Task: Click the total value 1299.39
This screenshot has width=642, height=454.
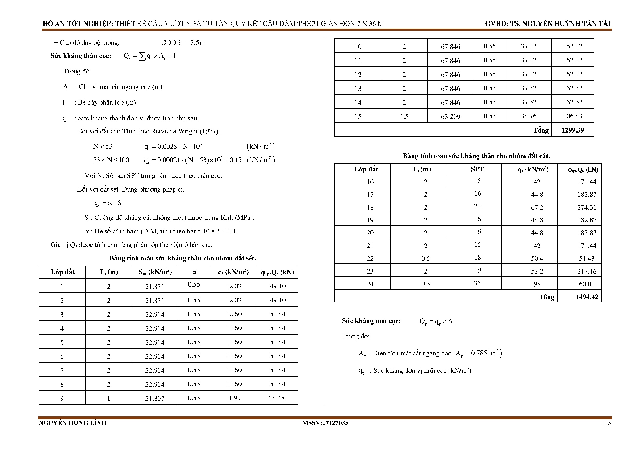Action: click(x=572, y=130)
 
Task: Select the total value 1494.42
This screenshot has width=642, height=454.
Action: click(x=587, y=297)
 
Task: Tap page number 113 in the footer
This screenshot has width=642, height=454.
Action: click(x=606, y=423)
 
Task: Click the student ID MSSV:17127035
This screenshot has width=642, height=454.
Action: click(x=325, y=423)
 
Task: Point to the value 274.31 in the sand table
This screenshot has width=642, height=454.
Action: click(x=587, y=207)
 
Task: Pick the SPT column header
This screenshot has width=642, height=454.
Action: click(x=477, y=169)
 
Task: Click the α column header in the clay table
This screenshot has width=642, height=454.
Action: click(x=194, y=272)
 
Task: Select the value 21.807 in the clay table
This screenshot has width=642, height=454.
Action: click(x=155, y=398)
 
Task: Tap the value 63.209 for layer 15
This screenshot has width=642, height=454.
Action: click(x=450, y=116)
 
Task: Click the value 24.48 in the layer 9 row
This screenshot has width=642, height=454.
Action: click(x=277, y=398)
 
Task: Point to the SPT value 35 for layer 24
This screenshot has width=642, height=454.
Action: click(x=477, y=283)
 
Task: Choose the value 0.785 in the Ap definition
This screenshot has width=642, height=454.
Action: click(x=479, y=353)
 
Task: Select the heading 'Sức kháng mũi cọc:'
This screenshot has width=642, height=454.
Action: click(x=371, y=321)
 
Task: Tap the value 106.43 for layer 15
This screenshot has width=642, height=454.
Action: click(x=572, y=116)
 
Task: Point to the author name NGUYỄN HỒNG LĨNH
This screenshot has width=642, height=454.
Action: click(x=72, y=423)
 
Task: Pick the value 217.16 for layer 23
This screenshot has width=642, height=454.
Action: click(x=587, y=271)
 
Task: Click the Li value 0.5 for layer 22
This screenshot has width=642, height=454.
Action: click(x=425, y=259)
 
